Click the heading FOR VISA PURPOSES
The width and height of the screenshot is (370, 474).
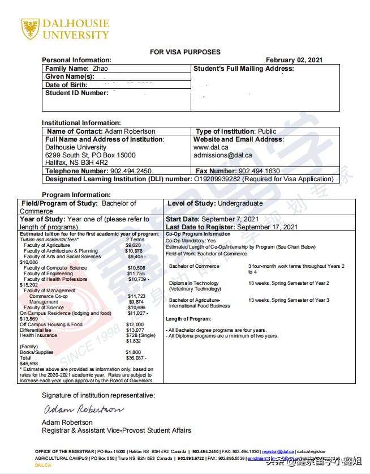tap(185, 52)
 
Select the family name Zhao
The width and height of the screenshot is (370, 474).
tap(100, 69)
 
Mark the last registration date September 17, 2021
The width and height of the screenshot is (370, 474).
tap(267, 227)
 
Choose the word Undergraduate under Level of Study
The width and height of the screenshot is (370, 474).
tap(239, 203)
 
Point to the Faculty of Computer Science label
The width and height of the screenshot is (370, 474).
tap(55, 268)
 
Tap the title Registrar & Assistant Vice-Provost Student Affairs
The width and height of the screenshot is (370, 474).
tap(117, 430)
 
